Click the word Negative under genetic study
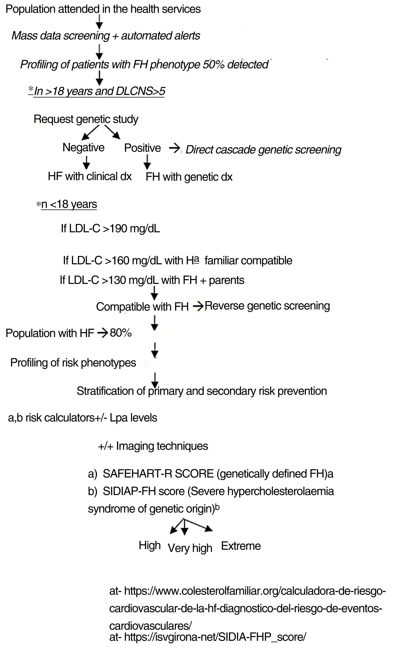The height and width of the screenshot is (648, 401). click(x=83, y=148)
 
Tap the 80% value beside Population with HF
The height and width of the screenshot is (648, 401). click(x=121, y=333)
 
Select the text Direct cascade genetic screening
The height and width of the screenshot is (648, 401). click(x=263, y=150)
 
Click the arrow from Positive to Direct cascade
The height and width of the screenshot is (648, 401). click(x=174, y=149)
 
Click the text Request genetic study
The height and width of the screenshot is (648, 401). click(x=86, y=119)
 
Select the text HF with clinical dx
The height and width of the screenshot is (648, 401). click(x=90, y=176)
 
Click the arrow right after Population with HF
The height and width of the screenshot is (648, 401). click(x=102, y=333)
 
